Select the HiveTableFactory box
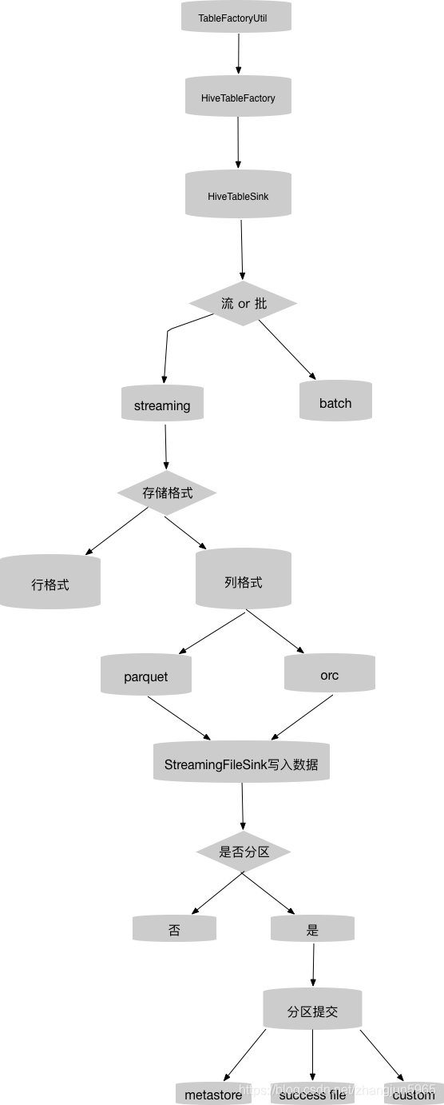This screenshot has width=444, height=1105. point(238,98)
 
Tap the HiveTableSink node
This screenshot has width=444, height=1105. point(238,195)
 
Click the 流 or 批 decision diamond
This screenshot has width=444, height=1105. point(244,303)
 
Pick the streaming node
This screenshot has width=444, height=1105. point(162,405)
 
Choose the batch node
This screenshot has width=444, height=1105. point(335,402)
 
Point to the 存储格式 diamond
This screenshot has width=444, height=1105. point(167,493)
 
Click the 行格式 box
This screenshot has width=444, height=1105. point(50,584)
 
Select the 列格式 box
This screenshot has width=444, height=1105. point(244,581)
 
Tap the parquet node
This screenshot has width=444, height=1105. point(146,676)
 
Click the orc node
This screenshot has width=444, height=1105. point(330,674)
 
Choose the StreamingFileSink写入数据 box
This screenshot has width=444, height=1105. point(241,764)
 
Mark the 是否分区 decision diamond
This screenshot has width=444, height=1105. point(244,852)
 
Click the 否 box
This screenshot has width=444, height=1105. point(174,929)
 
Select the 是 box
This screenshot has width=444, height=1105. point(312,929)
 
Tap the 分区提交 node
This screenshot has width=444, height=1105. point(312,1011)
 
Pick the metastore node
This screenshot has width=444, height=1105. point(213,1094)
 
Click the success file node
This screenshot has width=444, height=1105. point(312,1094)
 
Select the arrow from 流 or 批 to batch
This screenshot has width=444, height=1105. point(286,348)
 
